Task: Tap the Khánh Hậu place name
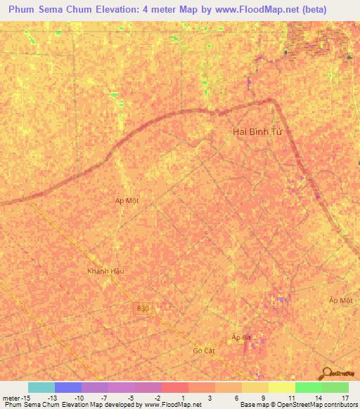105,271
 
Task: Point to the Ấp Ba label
241,337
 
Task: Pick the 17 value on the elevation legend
345,398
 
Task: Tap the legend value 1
184,398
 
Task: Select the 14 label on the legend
318,398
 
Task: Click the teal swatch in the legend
41,387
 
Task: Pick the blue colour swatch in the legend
68,387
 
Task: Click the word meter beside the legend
10,398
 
